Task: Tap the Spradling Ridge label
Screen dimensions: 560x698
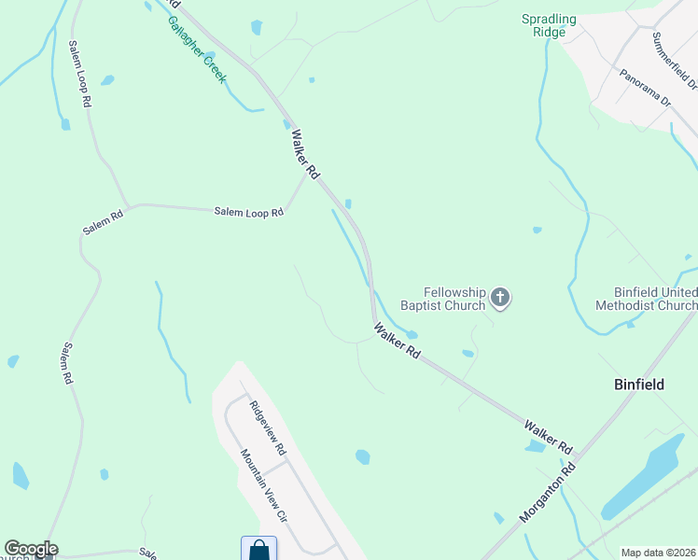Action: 549,25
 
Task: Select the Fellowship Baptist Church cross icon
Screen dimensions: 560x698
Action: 500,299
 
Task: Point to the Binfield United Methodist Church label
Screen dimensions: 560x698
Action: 647,299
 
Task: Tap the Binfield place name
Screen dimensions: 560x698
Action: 639,384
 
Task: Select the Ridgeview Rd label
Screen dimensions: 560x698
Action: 267,428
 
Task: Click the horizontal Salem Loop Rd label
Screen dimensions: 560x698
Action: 248,213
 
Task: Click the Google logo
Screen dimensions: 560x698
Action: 31,549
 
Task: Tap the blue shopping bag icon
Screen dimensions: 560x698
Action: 258,550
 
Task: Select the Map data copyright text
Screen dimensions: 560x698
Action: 657,553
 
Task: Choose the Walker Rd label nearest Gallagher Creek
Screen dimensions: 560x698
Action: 304,154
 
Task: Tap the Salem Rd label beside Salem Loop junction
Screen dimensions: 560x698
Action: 103,222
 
